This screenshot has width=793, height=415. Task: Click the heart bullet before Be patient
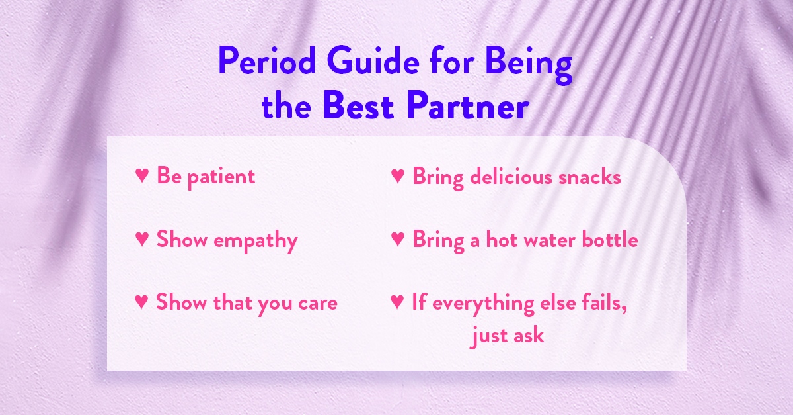click(x=141, y=176)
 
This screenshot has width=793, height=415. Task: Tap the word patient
click(x=221, y=177)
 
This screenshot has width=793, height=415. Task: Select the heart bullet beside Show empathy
click(x=141, y=239)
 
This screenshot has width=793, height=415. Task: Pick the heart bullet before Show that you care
click(x=141, y=302)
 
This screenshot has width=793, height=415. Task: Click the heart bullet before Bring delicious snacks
click(x=397, y=176)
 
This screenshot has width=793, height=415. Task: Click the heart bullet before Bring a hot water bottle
click(x=397, y=239)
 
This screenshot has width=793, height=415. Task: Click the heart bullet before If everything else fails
click(x=397, y=302)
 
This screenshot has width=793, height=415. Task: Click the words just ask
click(x=508, y=336)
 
